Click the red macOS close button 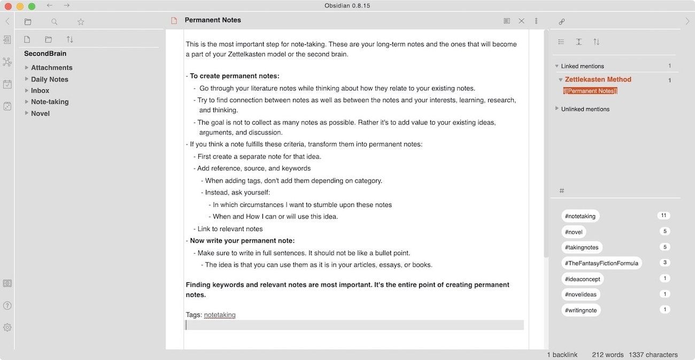click(x=8, y=6)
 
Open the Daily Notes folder click(x=50, y=79)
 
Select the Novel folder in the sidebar click(x=40, y=113)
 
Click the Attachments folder click(x=51, y=67)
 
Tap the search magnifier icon click(x=55, y=22)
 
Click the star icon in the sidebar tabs click(x=81, y=22)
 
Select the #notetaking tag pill click(x=580, y=216)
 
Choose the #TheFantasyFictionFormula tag click(x=601, y=263)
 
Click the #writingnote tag click(x=581, y=310)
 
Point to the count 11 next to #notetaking click(x=663, y=216)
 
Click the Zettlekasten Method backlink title click(x=598, y=80)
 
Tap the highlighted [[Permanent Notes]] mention click(x=590, y=91)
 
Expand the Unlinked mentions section click(x=585, y=109)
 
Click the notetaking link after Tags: click(x=220, y=315)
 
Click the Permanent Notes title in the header click(x=213, y=20)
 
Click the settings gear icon click(x=7, y=327)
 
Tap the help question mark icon click(x=7, y=305)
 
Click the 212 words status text click(x=608, y=355)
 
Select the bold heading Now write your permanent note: click(x=242, y=241)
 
